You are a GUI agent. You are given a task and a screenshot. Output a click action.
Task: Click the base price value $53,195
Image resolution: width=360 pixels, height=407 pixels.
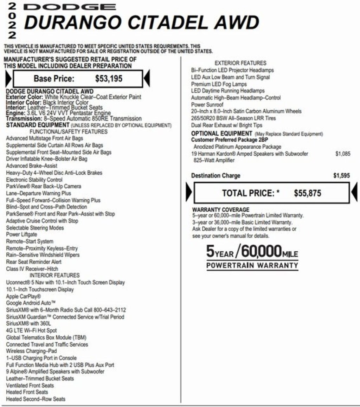109,78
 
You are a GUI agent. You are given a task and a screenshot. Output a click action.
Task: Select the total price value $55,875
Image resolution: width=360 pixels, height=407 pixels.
307,193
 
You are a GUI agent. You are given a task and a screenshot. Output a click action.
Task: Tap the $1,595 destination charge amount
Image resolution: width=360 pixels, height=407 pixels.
341,176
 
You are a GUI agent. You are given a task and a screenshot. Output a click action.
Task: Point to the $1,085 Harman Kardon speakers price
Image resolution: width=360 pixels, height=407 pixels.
343,154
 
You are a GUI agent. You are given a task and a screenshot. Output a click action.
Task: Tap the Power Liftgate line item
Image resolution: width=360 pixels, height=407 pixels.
21,234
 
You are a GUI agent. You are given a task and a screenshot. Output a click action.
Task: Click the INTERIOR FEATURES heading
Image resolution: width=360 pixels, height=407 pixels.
54,275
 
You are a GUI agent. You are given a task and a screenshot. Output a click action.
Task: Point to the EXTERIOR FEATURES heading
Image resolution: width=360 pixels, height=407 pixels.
240,63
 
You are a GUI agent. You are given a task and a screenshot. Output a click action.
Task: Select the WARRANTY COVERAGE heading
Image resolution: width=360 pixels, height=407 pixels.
221,210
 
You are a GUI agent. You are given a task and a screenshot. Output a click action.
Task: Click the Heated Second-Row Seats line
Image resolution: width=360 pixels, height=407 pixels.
36,399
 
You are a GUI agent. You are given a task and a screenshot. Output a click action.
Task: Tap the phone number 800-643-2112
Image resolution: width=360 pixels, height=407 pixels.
109,310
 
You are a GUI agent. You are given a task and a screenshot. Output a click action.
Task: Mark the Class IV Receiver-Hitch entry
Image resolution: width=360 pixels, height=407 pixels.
32,269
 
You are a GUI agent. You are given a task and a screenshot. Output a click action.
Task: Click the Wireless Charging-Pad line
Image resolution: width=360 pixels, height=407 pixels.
31,351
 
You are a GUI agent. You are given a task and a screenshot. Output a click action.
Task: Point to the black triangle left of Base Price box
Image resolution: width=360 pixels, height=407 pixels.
8,79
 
